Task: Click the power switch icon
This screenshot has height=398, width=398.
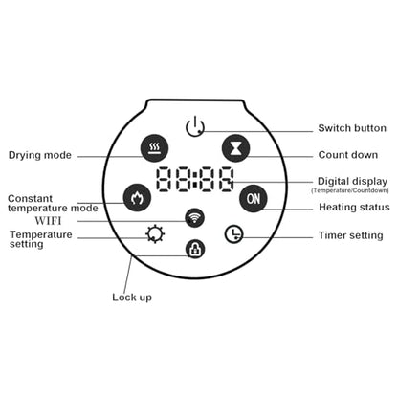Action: pos(195,127)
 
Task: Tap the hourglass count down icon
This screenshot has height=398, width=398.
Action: pos(235,148)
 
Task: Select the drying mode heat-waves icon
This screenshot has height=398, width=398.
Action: pos(155,148)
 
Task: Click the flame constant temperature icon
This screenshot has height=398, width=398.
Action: pos(137,198)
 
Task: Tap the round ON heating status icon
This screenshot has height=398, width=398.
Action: pos(254,198)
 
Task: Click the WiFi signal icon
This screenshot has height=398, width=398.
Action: pos(194,218)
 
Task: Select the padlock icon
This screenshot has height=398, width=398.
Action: pos(195,249)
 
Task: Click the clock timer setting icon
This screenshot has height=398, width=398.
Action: pos(234,234)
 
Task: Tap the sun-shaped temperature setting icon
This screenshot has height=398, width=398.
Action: pos(155,234)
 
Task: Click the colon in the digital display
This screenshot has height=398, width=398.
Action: pos(195,179)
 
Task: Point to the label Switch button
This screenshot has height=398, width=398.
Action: pos(352,128)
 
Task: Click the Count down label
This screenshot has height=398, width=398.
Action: pos(348,155)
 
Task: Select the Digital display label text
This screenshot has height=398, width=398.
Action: pos(352,182)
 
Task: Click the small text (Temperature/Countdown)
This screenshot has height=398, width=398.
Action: pos(350,190)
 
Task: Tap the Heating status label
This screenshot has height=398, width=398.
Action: pos(354,208)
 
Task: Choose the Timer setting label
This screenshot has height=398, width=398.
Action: pos(351,235)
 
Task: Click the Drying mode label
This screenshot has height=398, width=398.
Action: pos(40,155)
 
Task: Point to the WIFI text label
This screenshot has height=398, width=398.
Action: pos(48,221)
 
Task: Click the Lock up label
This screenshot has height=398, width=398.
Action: pos(132,298)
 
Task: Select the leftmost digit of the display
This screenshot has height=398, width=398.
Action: pos(165,179)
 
